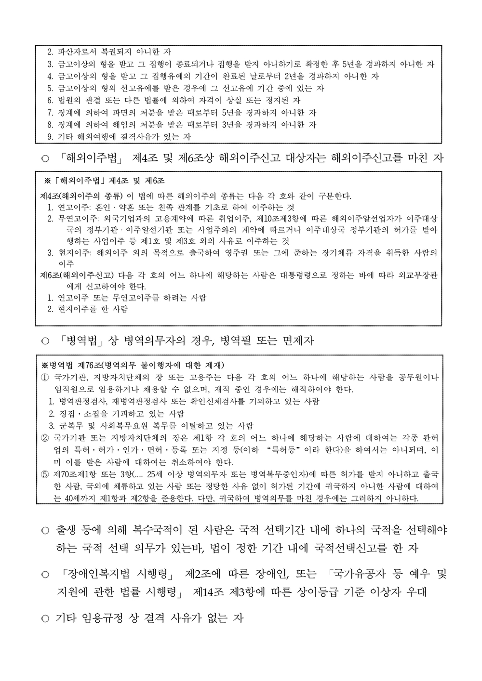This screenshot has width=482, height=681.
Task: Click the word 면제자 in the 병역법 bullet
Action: [296, 341]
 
